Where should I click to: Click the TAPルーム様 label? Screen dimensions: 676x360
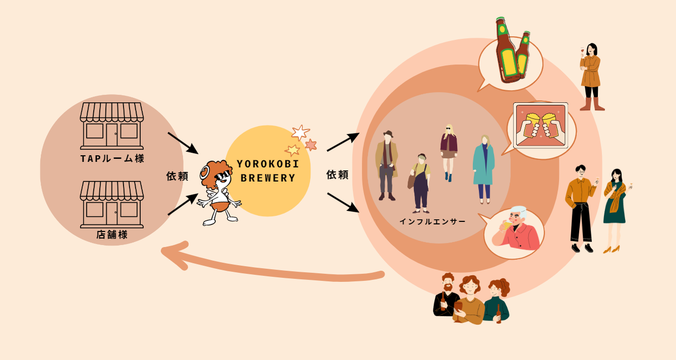(x=112, y=159)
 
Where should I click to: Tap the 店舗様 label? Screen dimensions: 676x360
(x=112, y=234)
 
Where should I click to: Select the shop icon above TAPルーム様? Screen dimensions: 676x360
(x=112, y=126)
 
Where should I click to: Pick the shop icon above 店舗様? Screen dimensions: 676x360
(x=112, y=204)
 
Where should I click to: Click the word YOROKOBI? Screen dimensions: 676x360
(x=268, y=164)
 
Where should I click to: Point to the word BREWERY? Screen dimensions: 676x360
(x=268, y=178)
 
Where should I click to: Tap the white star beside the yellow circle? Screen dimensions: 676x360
(x=300, y=133)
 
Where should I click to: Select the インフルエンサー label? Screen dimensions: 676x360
(x=433, y=221)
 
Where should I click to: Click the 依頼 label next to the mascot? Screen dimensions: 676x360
(x=177, y=176)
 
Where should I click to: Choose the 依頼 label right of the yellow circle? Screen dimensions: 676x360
(x=337, y=175)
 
